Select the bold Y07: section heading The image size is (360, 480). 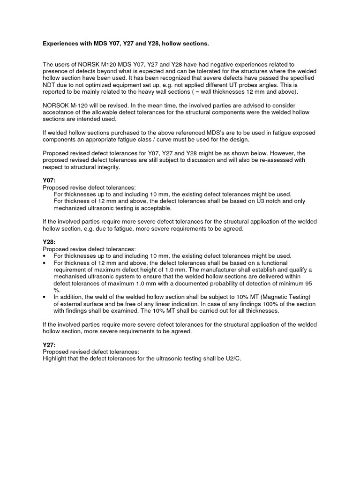[x=49, y=180]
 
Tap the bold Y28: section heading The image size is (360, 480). [x=49, y=242]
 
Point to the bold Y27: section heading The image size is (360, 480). [x=49, y=345]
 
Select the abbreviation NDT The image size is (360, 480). [x=49, y=85]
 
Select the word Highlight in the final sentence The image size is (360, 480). [x=56, y=359]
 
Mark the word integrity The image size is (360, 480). [x=105, y=167]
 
